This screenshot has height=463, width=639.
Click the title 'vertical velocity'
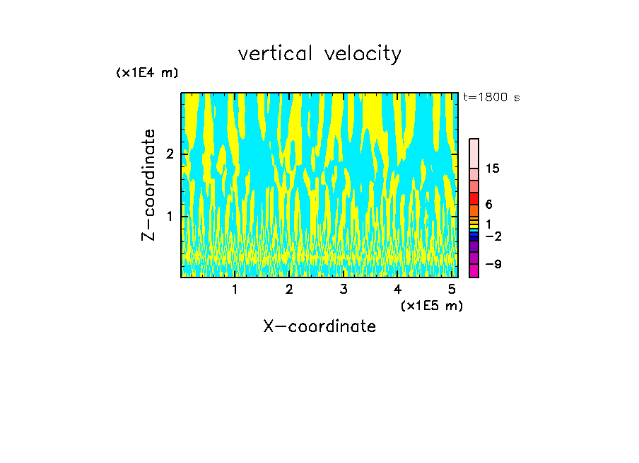point(319,54)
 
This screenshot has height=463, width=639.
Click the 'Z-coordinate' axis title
point(149,185)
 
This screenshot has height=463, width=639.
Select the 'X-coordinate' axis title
point(319,326)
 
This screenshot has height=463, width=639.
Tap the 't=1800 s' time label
point(491,98)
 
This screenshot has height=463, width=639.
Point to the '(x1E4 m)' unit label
point(147,73)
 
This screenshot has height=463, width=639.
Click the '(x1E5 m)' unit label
point(431,305)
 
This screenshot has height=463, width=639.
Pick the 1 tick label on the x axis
point(235,289)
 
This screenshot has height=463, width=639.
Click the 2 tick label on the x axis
point(289,289)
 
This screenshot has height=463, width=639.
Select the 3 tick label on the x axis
point(344,289)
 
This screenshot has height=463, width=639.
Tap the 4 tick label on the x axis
point(397,289)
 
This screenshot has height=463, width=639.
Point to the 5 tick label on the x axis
point(452,289)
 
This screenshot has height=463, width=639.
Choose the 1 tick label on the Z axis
point(170,216)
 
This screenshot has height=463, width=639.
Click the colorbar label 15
point(493,168)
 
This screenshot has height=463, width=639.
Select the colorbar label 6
point(488,204)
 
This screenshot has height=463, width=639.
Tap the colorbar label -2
point(493,236)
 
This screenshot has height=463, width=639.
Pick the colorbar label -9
point(493,264)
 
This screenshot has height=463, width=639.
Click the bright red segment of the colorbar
point(474,198)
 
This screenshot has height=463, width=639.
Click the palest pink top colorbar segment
point(474,153)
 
